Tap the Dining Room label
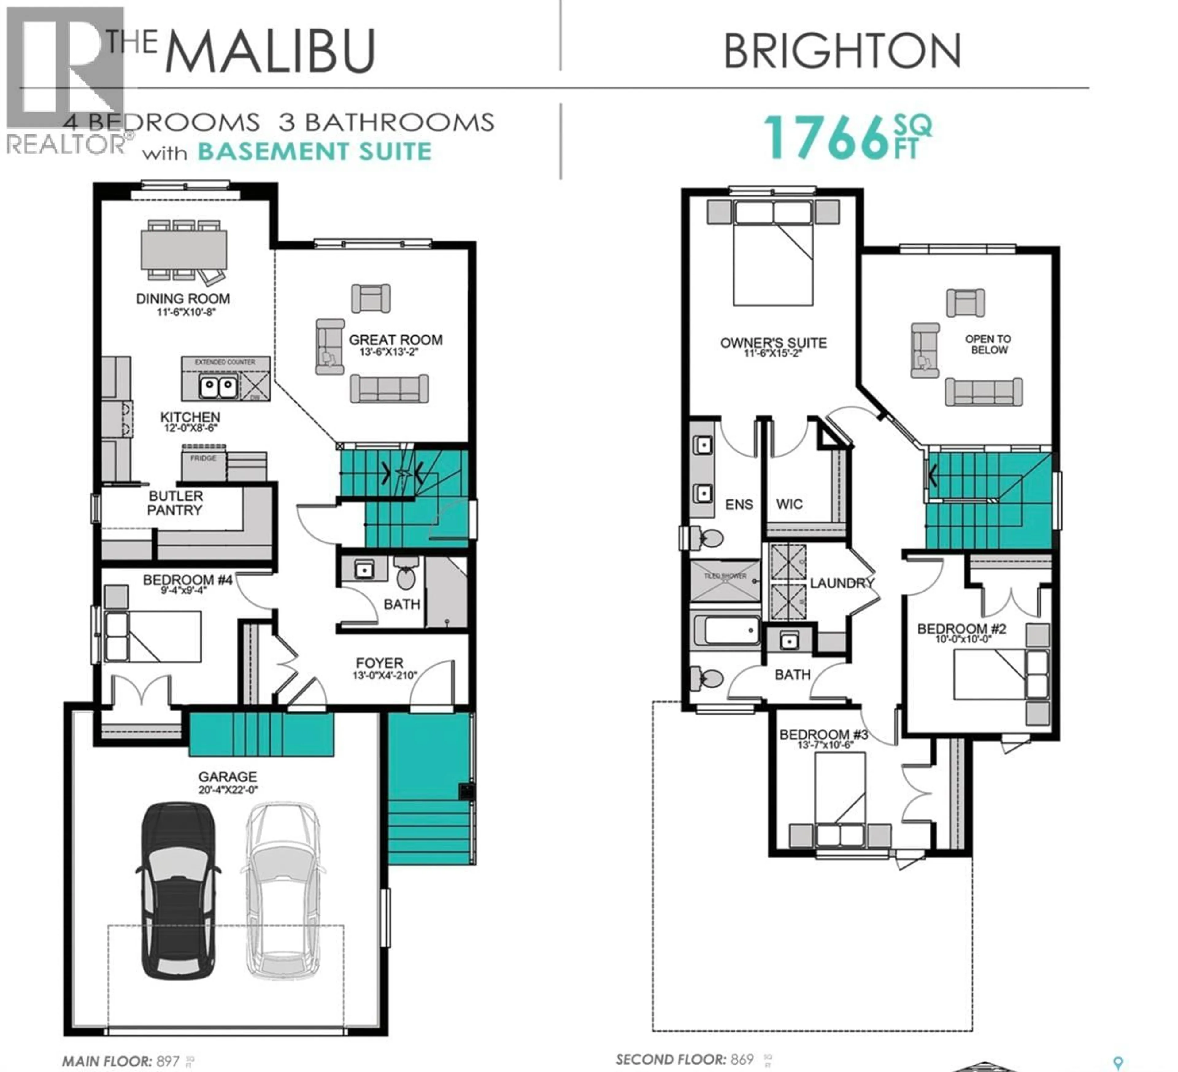(183, 299)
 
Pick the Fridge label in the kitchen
(203, 458)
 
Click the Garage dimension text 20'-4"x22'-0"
(228, 790)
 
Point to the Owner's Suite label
(773, 343)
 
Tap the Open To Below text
(988, 344)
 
